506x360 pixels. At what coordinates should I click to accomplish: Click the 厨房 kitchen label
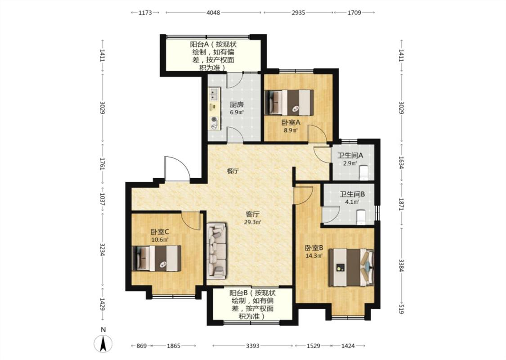click(236, 104)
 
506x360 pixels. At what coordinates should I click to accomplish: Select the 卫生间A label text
click(350, 155)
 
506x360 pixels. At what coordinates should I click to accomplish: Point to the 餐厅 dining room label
click(233, 171)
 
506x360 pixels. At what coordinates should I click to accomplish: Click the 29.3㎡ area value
click(252, 222)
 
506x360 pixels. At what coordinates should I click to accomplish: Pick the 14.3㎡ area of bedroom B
click(314, 256)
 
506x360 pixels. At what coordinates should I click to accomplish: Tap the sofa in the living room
click(216, 251)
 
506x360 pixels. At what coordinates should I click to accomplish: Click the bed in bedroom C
click(157, 258)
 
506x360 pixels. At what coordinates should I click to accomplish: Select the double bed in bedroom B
click(351, 267)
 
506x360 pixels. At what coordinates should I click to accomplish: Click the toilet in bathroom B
click(360, 216)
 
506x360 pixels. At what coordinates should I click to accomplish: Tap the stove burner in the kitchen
click(214, 120)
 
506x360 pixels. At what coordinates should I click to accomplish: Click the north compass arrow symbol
click(103, 344)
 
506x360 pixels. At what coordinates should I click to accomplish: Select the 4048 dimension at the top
click(213, 13)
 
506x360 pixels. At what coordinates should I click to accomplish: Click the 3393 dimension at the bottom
click(253, 346)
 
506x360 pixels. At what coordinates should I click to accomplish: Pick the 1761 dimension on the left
click(102, 163)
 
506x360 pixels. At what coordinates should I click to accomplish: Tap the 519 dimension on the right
click(401, 309)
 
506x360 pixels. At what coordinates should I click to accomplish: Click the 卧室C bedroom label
click(160, 232)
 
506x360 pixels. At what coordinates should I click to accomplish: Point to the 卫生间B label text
click(352, 194)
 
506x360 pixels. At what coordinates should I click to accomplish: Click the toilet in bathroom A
click(364, 173)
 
